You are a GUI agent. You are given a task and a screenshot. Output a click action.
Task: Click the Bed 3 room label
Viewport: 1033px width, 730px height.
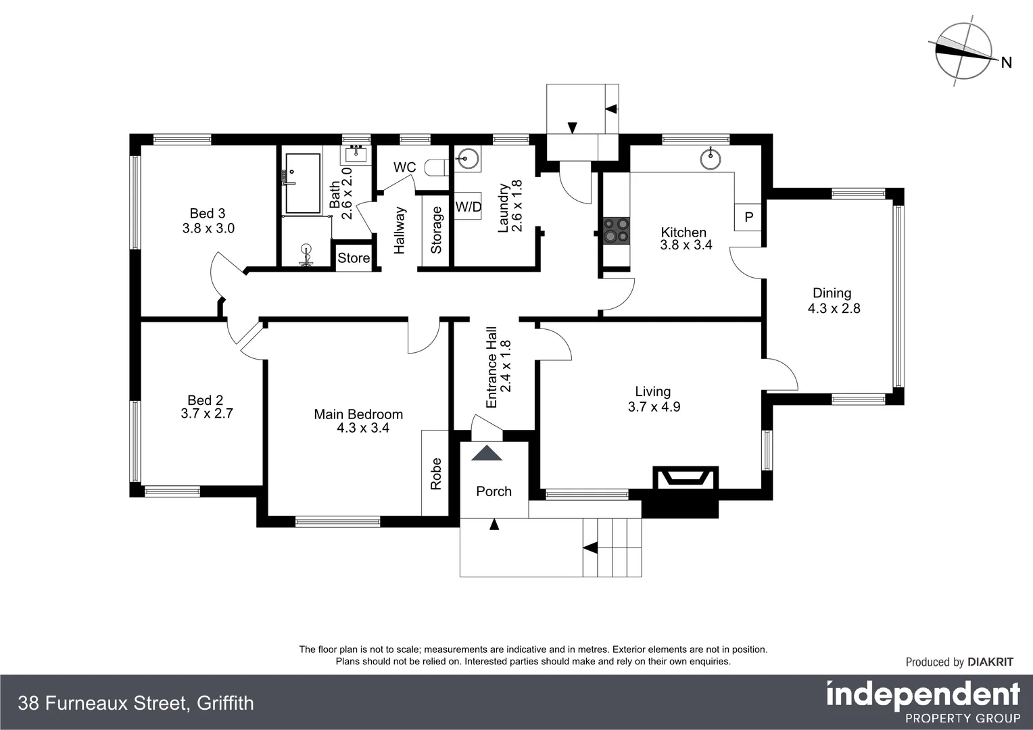pos(207,214)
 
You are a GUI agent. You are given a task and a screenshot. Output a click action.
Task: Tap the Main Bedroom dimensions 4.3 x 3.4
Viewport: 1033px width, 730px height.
pos(363,428)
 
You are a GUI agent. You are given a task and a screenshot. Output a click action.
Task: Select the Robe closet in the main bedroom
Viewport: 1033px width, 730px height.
pos(435,473)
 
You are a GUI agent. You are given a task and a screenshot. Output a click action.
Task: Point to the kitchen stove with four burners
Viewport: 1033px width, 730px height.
pos(615,230)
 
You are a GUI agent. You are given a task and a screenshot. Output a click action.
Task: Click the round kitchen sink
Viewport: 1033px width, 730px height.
pos(711,160)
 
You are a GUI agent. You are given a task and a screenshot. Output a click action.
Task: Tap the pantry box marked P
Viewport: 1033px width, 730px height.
pos(748,217)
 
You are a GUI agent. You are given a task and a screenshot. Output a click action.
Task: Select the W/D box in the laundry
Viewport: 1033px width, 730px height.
pos(468,207)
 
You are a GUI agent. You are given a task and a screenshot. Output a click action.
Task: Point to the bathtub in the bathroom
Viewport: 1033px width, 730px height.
pos(302,183)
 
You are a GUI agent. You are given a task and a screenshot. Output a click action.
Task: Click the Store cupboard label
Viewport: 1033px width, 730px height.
pos(354,258)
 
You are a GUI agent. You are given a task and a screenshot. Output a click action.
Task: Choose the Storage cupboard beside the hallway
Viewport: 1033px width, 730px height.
pos(435,230)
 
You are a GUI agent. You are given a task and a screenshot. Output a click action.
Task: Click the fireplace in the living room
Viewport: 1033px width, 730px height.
pos(686,478)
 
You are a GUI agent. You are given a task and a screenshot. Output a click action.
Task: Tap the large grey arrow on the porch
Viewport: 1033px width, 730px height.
pos(487,453)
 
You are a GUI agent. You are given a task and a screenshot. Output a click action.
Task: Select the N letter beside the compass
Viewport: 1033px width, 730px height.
pos(1006,63)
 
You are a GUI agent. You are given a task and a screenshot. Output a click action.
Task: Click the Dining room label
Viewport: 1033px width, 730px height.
pos(832,293)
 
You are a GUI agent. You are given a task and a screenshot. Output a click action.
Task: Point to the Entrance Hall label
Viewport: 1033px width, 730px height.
pos(491,368)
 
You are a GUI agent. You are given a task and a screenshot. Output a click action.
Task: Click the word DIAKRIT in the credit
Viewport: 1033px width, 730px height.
pos(990,662)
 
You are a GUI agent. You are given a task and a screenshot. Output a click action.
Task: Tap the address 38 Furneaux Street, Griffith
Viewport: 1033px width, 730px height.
pos(136,704)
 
